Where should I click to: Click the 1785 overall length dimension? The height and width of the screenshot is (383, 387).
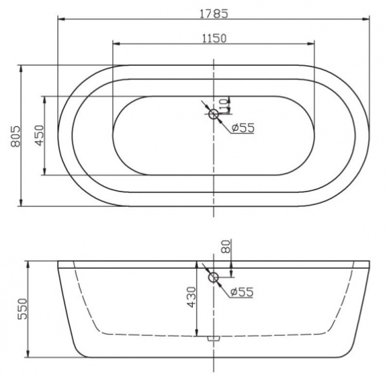pyautogui.click(x=214, y=11)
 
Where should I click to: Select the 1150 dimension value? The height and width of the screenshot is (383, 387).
pyautogui.click(x=213, y=37)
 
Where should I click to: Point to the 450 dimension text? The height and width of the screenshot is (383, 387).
pyautogui.click(x=38, y=135)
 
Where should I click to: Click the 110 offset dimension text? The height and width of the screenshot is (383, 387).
pyautogui.click(x=224, y=104)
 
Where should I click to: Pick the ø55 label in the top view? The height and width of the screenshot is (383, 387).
pyautogui.click(x=243, y=128)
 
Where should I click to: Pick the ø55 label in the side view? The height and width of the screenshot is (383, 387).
pyautogui.click(x=241, y=292)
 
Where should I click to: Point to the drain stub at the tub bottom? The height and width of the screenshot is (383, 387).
pyautogui.click(x=214, y=337)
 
